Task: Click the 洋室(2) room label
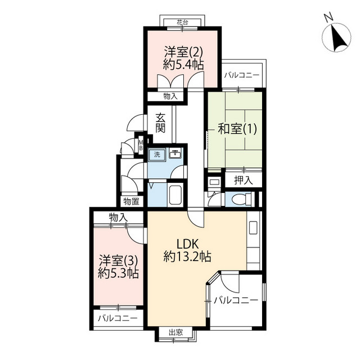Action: (183, 52)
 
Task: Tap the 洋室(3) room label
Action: (118, 260)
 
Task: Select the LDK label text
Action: (187, 244)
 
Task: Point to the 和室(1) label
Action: (237, 129)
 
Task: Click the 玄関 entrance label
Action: (160, 123)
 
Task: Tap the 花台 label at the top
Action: (182, 22)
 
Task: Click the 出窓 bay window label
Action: (176, 332)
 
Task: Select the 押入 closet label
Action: (244, 181)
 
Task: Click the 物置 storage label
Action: (131, 201)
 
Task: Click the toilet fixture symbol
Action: (242, 199)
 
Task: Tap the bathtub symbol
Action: (175, 194)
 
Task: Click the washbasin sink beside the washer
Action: (175, 154)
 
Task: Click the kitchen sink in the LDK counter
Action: (253, 227)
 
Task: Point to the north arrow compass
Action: (336, 37)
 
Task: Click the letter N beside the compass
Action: (328, 17)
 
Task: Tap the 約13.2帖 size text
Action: (187, 256)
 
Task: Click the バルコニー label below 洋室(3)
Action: (118, 318)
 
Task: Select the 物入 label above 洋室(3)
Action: (118, 217)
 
